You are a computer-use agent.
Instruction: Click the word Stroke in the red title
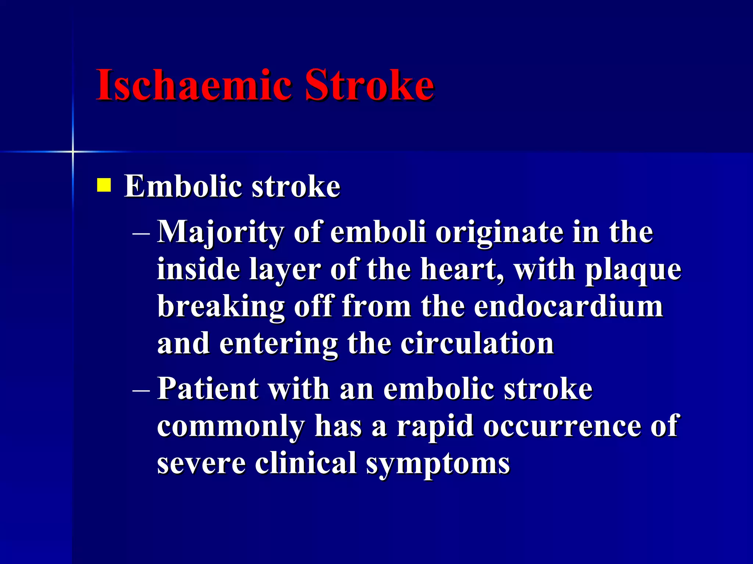pyautogui.click(x=369, y=85)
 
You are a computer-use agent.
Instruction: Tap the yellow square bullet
pyautogui.click(x=104, y=185)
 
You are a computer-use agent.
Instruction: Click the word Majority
pyautogui.click(x=220, y=233)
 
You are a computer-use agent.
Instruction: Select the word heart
pyautogui.click(x=461, y=270)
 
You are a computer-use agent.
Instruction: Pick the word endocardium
pyautogui.click(x=568, y=306)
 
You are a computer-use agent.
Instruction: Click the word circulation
pyautogui.click(x=477, y=344)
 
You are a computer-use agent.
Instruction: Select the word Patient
pyautogui.click(x=208, y=388)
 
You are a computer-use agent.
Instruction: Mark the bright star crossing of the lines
pyautogui.click(x=73, y=151)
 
